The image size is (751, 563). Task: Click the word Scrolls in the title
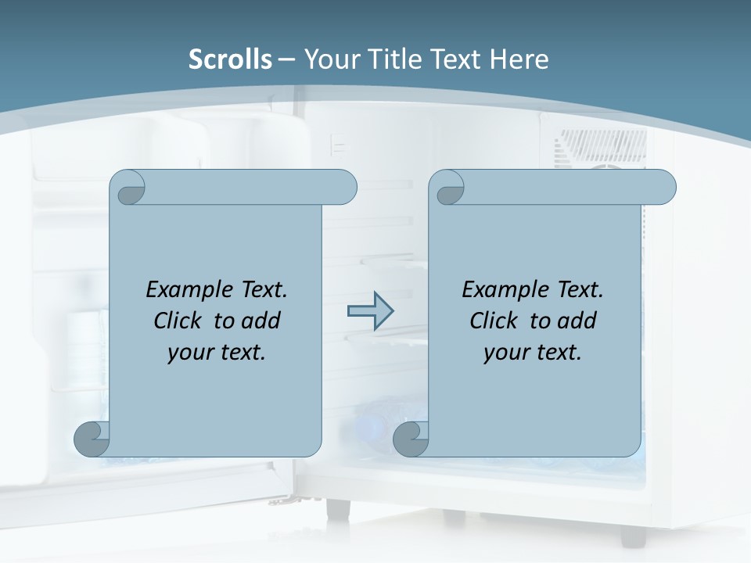231,59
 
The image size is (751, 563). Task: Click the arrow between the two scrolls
369,311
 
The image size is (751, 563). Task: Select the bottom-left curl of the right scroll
411,439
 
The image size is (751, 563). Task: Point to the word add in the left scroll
261,321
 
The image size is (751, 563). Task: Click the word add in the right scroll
577,321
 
